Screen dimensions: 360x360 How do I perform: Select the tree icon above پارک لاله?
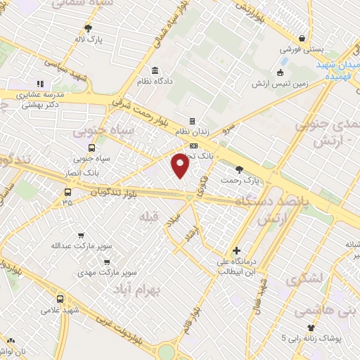coord(87,28)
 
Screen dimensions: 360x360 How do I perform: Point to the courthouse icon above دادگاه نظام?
coord(155,70)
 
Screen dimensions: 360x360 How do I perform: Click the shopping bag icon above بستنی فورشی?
coord(302,39)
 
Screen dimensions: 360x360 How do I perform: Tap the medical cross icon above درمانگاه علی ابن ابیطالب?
coord(236,250)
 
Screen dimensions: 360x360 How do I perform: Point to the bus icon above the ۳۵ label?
coord(67,191)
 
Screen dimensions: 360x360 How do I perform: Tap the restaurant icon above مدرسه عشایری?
coord(40,84)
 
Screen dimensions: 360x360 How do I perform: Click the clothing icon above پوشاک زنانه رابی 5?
coord(311,328)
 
